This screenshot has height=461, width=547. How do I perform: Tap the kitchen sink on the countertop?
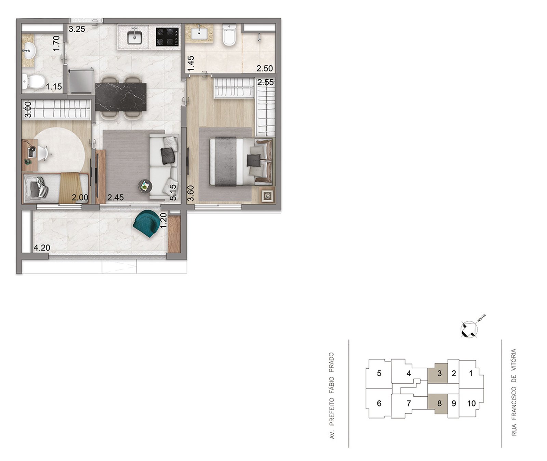coord(135,36)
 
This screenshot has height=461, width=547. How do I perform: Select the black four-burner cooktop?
coord(168,37)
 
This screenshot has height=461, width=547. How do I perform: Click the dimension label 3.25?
coord(77,29)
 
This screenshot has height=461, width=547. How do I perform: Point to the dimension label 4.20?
coord(42,248)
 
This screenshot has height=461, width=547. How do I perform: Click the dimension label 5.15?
coord(173,192)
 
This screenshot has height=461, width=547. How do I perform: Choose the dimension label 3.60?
coord(191,194)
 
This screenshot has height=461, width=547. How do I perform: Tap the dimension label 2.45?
coord(116,197)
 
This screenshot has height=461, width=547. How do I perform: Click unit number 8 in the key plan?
coord(439,404)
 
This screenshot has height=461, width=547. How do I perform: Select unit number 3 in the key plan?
coord(439,373)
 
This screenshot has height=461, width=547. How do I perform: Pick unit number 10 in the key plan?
coord(471,404)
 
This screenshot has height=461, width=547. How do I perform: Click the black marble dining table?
coord(121,97)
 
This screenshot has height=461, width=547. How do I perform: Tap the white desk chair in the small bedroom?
coord(42,153)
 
